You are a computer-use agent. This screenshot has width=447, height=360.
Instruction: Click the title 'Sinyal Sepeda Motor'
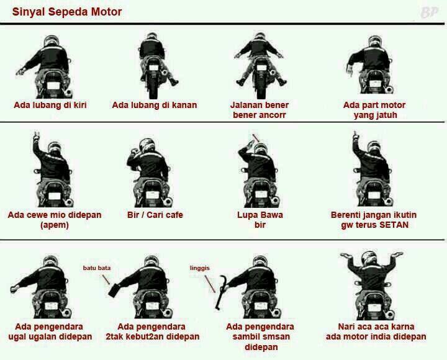[x=67, y=12]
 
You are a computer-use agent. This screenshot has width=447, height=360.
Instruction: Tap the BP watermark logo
[x=429, y=12]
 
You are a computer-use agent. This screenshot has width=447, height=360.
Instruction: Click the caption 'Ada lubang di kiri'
[x=50, y=105]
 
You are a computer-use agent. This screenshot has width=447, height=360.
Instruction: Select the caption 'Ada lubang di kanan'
[x=154, y=105]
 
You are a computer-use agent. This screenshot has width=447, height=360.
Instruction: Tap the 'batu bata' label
[x=97, y=268]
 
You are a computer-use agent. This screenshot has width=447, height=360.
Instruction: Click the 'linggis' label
[x=199, y=268]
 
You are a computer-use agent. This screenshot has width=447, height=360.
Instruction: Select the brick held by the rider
[x=115, y=290]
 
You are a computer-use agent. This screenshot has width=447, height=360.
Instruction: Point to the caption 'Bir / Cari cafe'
[x=155, y=215]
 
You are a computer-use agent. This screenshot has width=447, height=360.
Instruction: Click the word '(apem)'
[x=55, y=225]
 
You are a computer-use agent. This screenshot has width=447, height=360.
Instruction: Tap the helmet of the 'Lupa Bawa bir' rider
[x=261, y=150]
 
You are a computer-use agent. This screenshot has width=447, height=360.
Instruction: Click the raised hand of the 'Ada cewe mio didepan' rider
[x=36, y=136]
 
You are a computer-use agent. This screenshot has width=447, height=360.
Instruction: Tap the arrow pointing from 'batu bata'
[x=106, y=279]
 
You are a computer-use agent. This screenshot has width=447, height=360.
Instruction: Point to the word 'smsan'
[x=275, y=336]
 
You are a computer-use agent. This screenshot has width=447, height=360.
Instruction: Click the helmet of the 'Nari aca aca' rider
[x=369, y=258]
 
